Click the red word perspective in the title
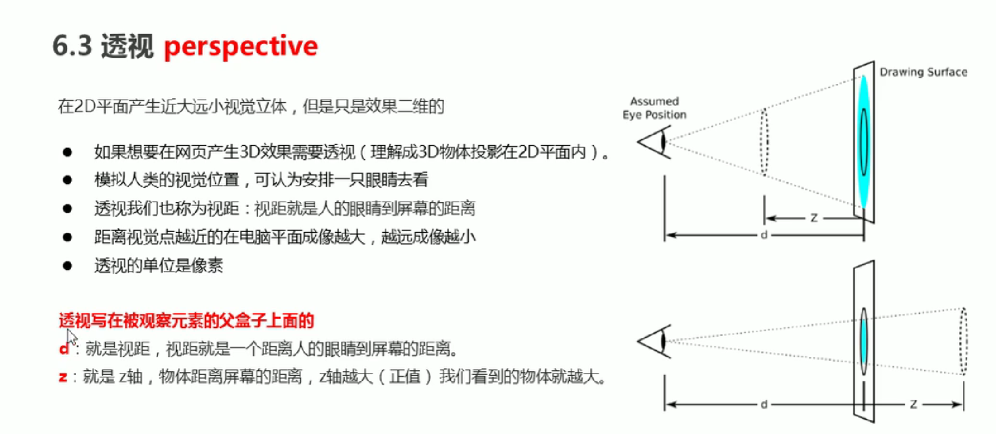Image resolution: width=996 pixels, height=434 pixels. point(240,47)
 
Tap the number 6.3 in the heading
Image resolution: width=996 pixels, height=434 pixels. point(72,46)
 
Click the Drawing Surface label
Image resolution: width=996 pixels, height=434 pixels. point(923,72)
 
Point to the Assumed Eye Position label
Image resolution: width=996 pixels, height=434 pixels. point(654,108)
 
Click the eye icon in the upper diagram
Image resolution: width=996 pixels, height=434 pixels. point(656,142)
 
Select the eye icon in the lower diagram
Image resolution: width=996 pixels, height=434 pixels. point(656,342)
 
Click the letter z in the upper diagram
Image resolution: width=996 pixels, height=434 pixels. point(814,218)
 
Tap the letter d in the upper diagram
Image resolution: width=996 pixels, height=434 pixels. point(764,235)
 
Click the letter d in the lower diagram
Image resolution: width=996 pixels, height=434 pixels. point(764,404)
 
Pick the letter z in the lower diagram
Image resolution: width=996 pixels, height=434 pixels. point(913,404)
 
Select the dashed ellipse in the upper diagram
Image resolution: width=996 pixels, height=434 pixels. point(764,142)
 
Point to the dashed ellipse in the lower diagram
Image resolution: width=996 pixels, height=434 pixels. point(963,341)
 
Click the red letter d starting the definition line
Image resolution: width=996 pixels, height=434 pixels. point(64,349)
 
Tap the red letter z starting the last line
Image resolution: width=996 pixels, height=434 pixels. point(63,376)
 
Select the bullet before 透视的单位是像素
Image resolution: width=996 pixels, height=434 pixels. point(67,265)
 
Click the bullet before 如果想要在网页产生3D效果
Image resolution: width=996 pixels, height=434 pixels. point(67,152)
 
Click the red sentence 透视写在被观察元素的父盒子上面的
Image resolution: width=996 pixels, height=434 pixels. point(186,320)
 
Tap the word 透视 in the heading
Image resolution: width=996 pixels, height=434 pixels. point(127,46)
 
